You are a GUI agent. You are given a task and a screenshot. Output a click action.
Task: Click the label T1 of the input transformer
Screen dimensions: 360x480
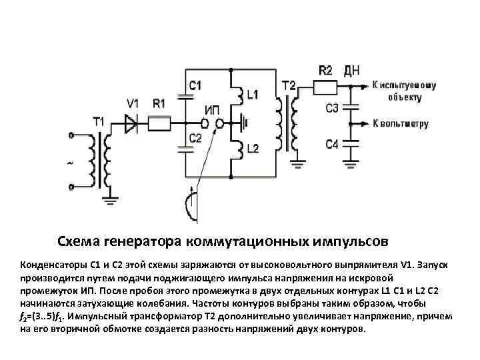tap(99, 121)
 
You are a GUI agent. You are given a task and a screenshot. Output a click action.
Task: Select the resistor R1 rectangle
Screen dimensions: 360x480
tap(159, 123)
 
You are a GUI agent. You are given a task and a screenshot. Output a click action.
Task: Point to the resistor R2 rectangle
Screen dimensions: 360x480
tap(327, 86)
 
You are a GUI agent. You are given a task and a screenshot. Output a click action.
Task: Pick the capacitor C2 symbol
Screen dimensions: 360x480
tap(184, 148)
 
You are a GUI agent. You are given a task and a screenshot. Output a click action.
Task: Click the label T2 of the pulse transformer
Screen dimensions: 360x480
tap(289, 85)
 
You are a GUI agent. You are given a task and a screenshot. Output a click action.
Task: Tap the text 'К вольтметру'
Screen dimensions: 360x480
tap(400, 124)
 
